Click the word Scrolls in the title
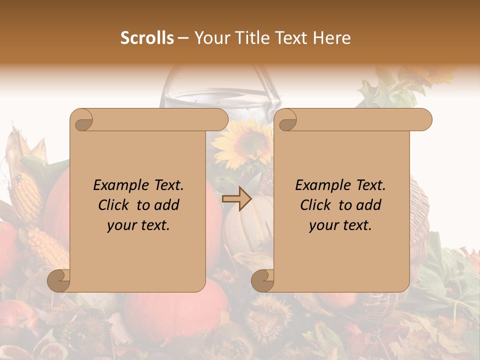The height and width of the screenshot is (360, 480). pos(147,38)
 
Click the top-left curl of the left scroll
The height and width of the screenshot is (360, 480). pos(81,120)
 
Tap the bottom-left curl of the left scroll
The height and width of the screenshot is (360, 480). pos(59,280)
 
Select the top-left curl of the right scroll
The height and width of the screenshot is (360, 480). pos(286,120)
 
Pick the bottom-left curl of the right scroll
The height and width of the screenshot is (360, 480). pos(262,280)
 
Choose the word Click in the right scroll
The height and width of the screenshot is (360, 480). pos(315,205)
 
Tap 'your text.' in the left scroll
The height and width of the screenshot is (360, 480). pos(138,225)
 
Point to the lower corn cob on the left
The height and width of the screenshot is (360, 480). pos(47,247)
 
